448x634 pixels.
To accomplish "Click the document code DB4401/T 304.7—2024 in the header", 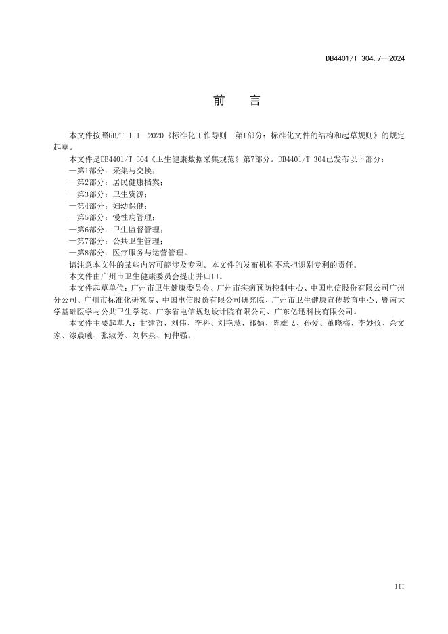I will point(364,59).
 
